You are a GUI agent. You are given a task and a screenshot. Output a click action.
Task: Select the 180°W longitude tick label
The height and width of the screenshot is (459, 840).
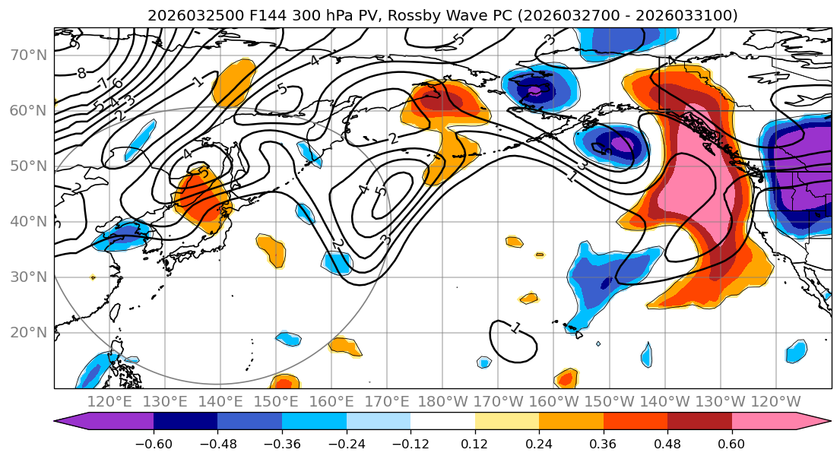click(442, 402)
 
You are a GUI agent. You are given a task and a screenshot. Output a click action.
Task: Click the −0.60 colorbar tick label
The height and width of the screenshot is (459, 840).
click(154, 444)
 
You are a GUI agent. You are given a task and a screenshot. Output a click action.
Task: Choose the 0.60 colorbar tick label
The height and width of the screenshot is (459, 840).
click(731, 444)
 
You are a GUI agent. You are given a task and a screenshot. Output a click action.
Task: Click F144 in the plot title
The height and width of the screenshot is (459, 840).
click(266, 15)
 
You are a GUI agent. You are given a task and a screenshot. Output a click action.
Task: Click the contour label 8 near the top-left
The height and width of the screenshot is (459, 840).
click(81, 74)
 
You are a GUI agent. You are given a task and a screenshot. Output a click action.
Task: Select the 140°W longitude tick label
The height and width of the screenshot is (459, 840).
click(664, 402)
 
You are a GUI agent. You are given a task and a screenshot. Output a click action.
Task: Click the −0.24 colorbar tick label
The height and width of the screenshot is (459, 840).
click(346, 444)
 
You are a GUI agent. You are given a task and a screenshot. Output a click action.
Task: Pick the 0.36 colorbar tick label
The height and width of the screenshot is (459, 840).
click(603, 444)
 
